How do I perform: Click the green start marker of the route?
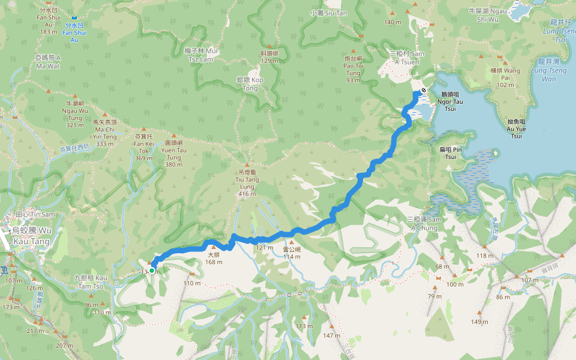pyautogui.click(x=152, y=271)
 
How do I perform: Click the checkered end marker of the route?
pyautogui.click(x=424, y=90)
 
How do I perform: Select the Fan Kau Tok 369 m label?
pyautogui.click(x=144, y=147)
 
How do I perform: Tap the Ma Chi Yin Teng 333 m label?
pyautogui.click(x=104, y=133)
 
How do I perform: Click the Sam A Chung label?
pyautogui.click(x=424, y=223)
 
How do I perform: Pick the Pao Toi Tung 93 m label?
pyautogui.click(x=353, y=68)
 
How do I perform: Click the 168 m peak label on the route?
pyautogui.click(x=214, y=257)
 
